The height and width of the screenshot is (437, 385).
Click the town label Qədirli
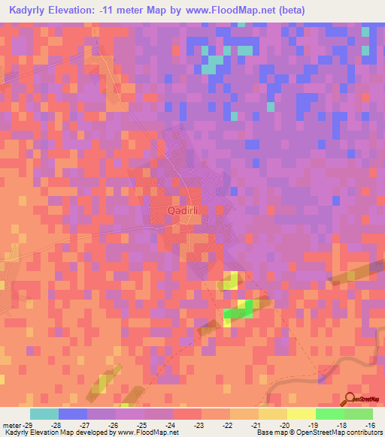[183, 211]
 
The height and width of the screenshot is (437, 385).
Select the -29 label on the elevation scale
[22, 425]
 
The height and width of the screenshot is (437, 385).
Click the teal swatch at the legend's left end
[44, 414]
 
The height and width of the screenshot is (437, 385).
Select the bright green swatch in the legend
[330, 414]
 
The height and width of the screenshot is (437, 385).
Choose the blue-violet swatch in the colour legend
[73, 414]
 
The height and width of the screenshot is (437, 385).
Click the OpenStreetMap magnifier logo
[351, 400]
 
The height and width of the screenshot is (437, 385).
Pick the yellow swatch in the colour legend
[302, 414]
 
